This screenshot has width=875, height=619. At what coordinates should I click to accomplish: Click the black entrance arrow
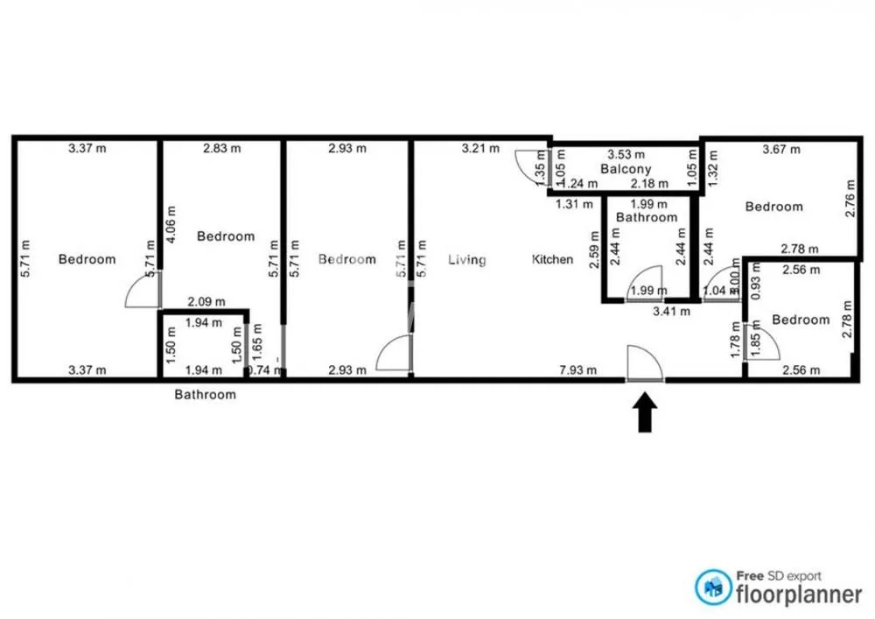[x=644, y=412]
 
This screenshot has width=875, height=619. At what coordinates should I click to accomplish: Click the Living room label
[x=466, y=259]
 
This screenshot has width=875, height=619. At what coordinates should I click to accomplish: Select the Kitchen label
[x=553, y=259]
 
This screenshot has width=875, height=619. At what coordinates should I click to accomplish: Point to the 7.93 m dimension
[x=578, y=370]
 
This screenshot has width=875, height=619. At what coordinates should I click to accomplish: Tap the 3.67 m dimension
[x=781, y=149]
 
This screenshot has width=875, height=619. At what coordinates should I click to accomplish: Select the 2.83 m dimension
[x=221, y=148]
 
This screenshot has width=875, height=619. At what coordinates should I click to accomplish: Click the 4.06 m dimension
[x=171, y=223]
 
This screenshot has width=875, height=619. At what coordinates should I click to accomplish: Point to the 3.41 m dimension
[x=672, y=310]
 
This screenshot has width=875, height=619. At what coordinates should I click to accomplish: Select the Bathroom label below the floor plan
[x=205, y=395]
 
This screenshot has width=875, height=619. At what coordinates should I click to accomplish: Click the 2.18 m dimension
[x=650, y=183]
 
